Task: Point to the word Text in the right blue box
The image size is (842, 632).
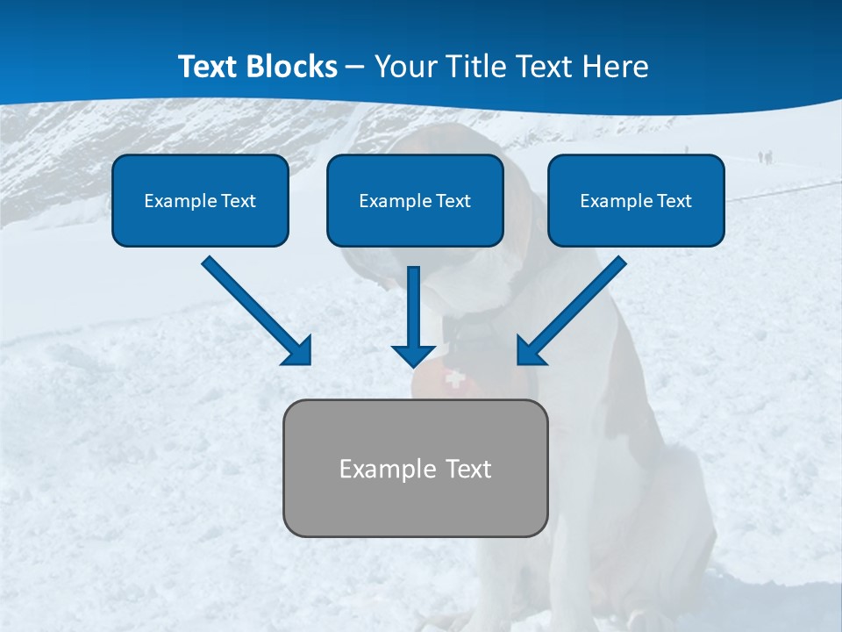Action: click(x=674, y=201)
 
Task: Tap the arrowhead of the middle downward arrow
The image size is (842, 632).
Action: click(x=414, y=355)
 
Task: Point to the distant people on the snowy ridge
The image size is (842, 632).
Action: click(x=766, y=157)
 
